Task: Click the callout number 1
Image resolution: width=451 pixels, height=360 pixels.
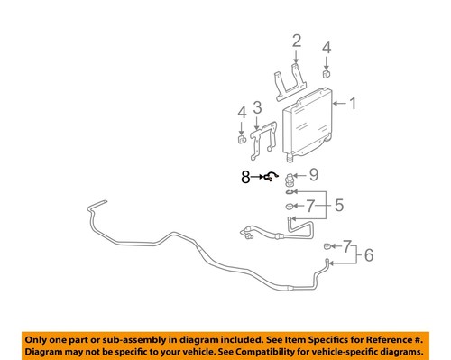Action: point(353,104)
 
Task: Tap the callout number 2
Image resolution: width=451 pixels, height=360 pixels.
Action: point(295,40)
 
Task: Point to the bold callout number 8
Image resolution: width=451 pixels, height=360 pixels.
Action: point(245,179)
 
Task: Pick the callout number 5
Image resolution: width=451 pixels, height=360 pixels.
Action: point(340,206)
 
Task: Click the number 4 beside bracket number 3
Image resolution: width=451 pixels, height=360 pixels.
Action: point(241,112)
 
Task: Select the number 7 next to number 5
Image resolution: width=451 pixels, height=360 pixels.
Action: point(312,206)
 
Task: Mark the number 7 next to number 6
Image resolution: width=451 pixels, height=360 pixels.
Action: point(347,244)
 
